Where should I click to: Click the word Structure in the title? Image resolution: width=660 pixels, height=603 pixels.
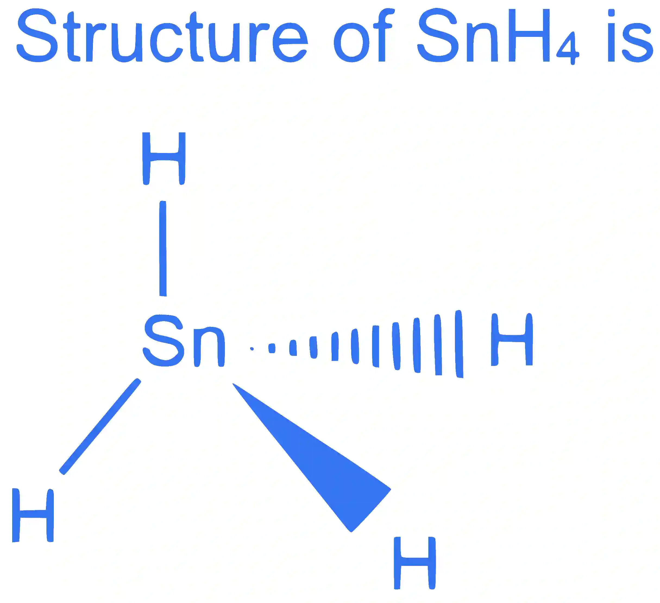pyautogui.click(x=162, y=35)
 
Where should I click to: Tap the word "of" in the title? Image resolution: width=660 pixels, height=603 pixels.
pyautogui.click(x=363, y=35)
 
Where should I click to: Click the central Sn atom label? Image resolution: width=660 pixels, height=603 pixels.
pyautogui.click(x=184, y=341)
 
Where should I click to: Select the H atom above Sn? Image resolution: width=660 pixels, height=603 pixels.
pyautogui.click(x=164, y=158)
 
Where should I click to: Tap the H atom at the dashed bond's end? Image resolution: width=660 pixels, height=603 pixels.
pyautogui.click(x=512, y=339)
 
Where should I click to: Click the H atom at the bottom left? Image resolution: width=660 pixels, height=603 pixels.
pyautogui.click(x=33, y=515)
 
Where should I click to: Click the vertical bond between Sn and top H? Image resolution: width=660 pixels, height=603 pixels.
pyautogui.click(x=163, y=248)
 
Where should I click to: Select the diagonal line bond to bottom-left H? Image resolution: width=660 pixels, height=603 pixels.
pyautogui.click(x=100, y=427)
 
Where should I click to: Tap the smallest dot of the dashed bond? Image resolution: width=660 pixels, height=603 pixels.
pyautogui.click(x=252, y=349)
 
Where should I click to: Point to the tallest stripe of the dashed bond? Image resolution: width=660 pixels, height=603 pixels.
pyautogui.click(x=459, y=344)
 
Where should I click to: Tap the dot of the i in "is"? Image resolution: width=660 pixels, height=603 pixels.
pyautogui.click(x=611, y=13)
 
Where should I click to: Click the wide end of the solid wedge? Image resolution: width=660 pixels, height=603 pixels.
pyautogui.click(x=371, y=511)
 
